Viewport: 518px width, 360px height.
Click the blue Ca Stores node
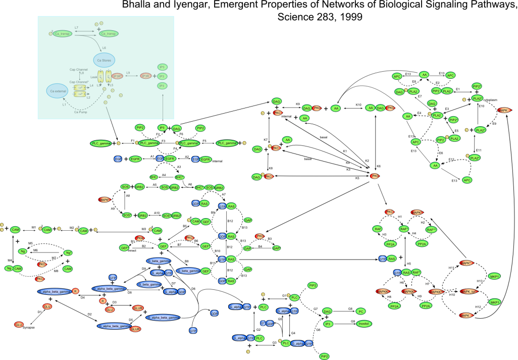tap(103, 60)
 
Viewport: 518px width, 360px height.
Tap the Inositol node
tap(363, 324)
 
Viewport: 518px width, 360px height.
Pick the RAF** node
tap(431, 229)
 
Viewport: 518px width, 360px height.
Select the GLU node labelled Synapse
tap(19, 324)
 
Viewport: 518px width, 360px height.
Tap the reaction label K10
tap(358, 105)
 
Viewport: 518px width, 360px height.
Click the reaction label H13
tap(480, 280)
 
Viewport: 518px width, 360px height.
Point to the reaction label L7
tap(76, 26)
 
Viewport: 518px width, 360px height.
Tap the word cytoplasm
tap(490, 99)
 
